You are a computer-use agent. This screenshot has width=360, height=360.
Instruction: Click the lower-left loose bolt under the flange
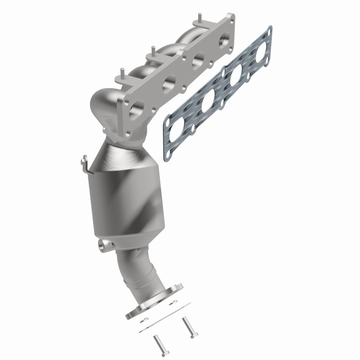(x=158, y=345)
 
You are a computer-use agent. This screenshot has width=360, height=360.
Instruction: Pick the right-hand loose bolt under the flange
(x=186, y=326)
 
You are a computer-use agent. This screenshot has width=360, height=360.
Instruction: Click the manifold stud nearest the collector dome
(x=121, y=72)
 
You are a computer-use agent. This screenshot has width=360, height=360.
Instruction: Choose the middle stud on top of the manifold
(x=153, y=49)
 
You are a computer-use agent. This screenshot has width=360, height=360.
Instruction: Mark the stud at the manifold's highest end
(x=197, y=21)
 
